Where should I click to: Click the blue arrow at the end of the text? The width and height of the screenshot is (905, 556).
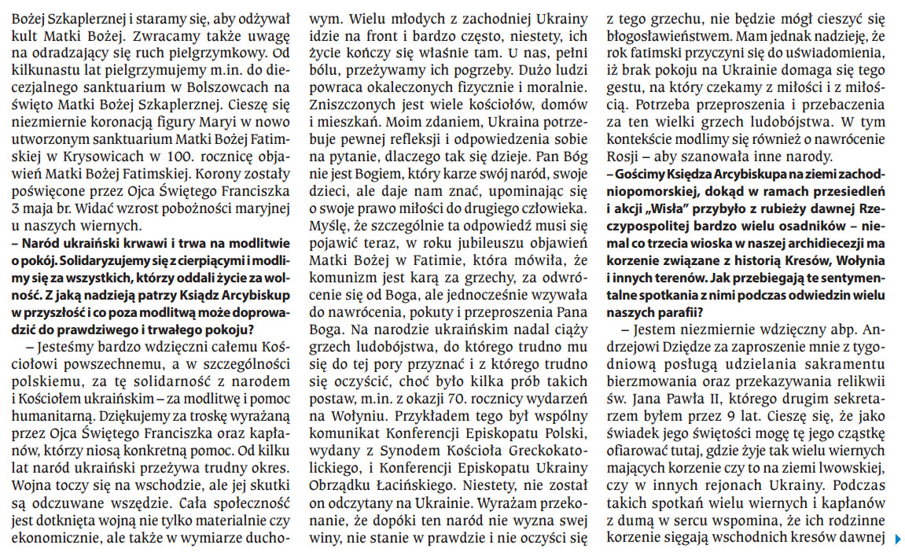coord(897,539)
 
